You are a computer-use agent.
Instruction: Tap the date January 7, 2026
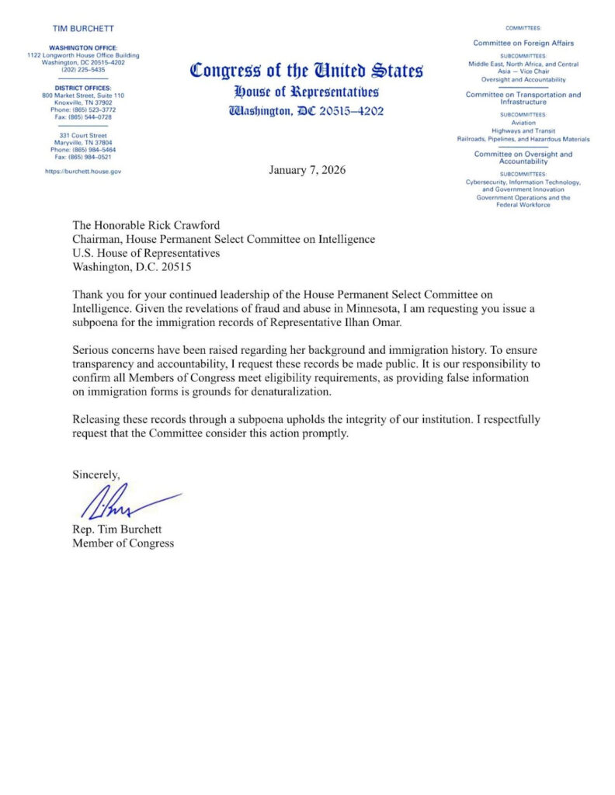(307, 169)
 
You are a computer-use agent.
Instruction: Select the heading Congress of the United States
(307, 71)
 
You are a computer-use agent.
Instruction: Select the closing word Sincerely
(96, 473)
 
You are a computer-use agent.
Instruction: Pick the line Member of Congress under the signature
(123, 543)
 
